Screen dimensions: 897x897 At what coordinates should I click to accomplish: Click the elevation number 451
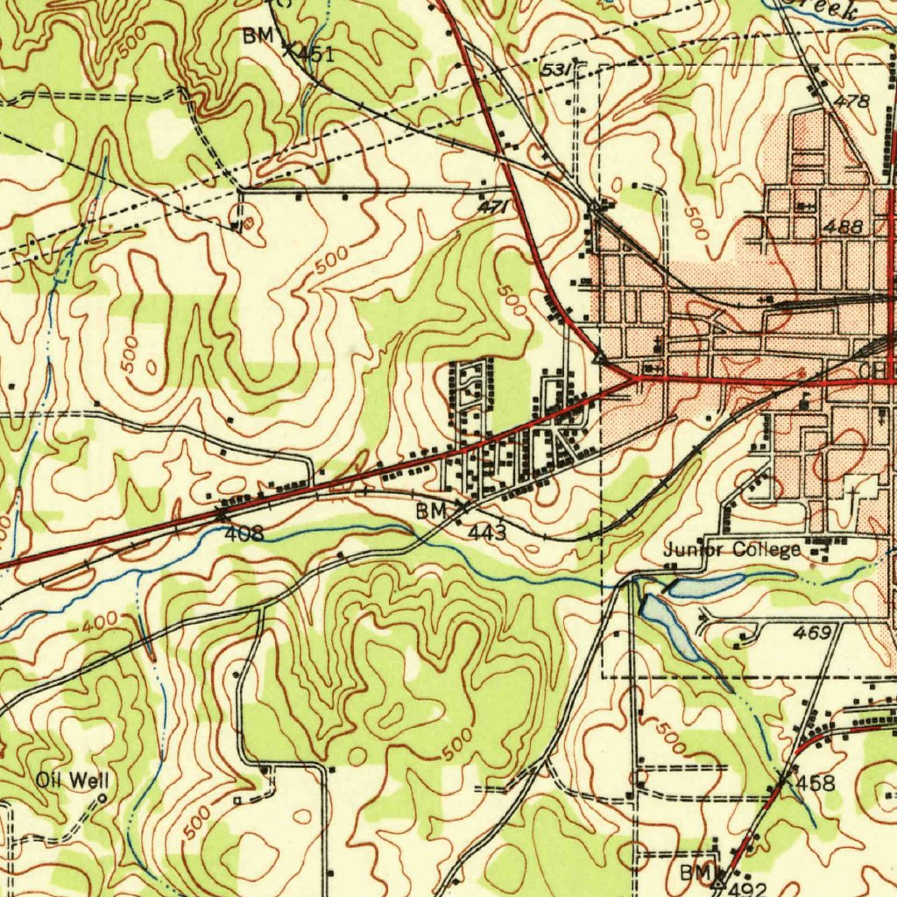point(314,54)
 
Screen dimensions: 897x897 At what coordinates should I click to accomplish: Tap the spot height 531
point(556,68)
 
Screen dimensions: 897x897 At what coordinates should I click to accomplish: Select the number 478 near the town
point(851,102)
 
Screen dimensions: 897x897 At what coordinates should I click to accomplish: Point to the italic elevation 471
point(492,208)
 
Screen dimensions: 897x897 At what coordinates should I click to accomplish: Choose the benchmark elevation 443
point(486,532)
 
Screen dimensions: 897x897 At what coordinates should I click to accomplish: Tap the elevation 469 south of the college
point(811,632)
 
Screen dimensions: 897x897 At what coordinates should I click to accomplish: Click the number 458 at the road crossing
point(816,782)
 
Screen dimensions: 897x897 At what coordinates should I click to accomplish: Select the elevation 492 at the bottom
point(747,889)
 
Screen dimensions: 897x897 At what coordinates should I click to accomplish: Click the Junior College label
point(731,550)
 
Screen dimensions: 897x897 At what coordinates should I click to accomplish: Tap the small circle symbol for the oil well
point(102,798)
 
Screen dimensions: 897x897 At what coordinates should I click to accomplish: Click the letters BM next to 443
point(430,511)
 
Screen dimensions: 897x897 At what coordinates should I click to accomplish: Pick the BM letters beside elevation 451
point(260,36)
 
